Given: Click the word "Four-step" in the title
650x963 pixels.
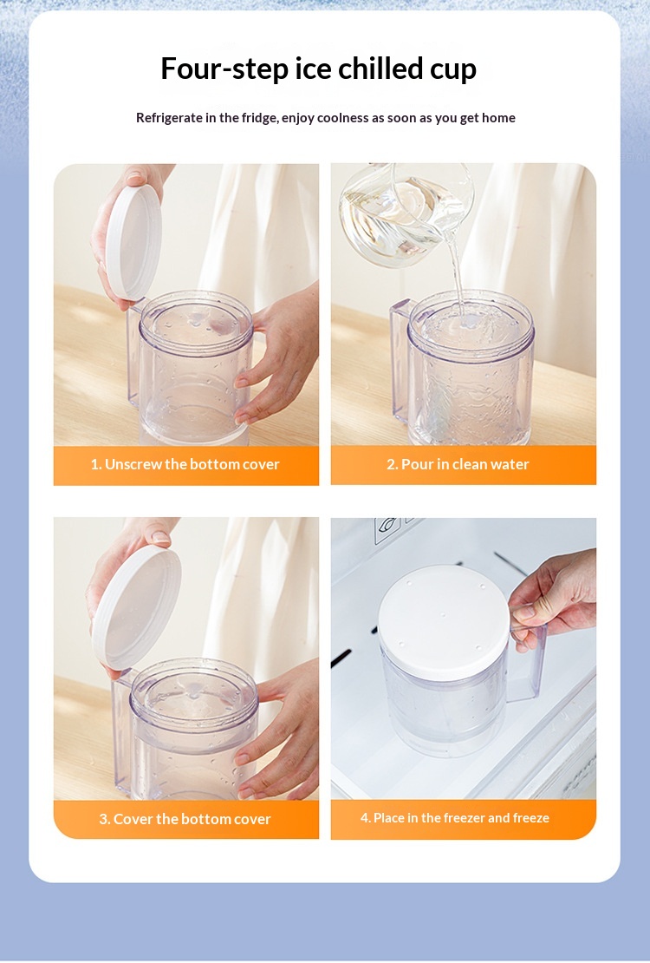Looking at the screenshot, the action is click(x=224, y=69).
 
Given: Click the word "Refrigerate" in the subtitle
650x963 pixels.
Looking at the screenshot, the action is click(x=169, y=118).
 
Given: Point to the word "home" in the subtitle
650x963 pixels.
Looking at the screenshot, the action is click(x=498, y=117).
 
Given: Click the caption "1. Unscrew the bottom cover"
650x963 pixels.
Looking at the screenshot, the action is click(x=185, y=464).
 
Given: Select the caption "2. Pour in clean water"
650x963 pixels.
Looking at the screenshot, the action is click(x=458, y=464).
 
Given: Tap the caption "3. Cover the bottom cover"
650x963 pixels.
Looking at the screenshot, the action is click(x=185, y=819).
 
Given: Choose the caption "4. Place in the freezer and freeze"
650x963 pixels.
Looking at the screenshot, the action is click(x=455, y=818).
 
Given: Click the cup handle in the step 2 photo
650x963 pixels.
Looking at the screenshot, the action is click(x=400, y=363).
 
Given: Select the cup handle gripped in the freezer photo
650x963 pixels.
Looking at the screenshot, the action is click(x=529, y=664).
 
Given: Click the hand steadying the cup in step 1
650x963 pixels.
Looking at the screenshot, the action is click(x=276, y=357).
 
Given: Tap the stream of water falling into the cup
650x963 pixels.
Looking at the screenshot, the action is click(x=455, y=278).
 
